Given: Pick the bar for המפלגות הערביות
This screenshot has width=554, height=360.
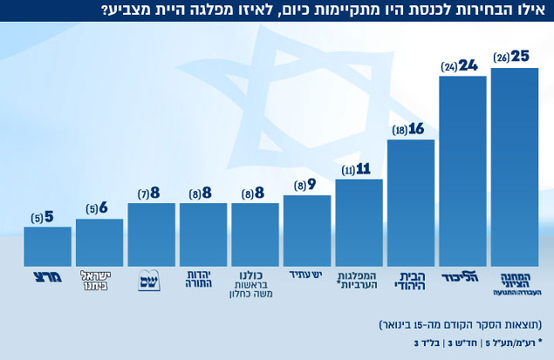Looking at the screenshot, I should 359,222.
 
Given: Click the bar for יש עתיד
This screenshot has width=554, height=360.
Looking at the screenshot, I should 307,231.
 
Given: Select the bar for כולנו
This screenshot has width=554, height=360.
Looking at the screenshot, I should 255,234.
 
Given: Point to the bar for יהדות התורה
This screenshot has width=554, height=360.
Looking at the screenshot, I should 203,234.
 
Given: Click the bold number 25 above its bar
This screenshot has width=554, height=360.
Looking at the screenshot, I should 521,57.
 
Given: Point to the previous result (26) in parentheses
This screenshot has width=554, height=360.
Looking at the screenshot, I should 501,58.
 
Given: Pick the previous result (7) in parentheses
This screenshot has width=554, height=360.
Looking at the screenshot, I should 145,194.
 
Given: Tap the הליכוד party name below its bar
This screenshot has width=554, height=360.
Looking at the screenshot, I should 462,279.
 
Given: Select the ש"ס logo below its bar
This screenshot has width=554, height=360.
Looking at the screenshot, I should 151,281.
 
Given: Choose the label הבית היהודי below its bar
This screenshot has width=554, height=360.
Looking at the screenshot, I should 410,280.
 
